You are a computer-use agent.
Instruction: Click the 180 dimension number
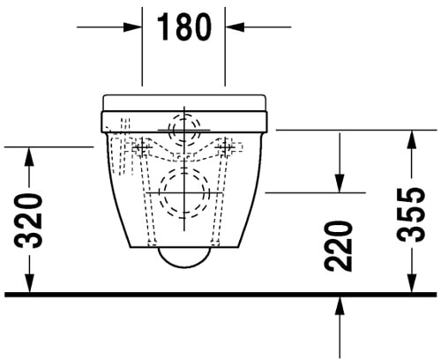coord(184,27)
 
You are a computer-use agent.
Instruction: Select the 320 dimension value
coord(30,220)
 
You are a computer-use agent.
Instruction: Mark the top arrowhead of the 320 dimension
coord(30,155)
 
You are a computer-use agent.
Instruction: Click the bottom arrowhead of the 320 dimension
coord(30,283)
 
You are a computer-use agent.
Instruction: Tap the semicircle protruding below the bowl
coord(184,257)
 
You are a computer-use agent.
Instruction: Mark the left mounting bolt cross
coord(140,146)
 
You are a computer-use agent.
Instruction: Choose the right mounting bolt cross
coord(228,146)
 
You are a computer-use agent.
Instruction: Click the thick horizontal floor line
coord(220,294)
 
